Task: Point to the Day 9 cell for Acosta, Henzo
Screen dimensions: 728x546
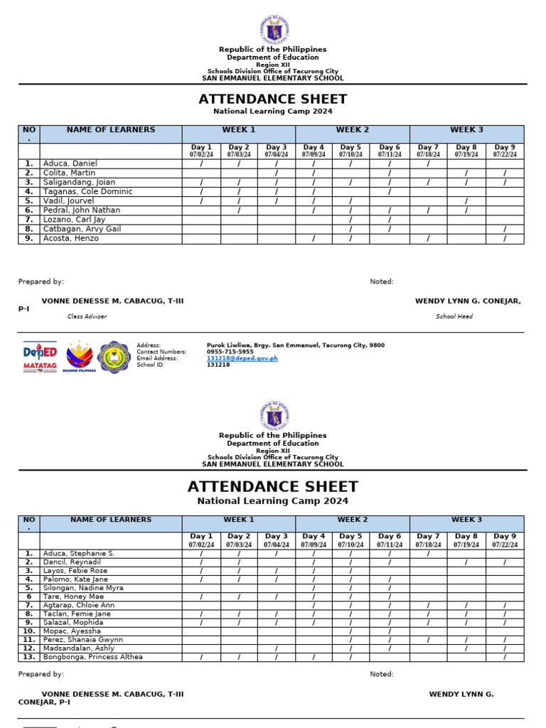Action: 505,239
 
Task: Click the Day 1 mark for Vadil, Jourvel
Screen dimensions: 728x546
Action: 201,201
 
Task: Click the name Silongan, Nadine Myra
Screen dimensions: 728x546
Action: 83,588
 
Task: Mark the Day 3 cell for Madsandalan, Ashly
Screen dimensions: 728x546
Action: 277,648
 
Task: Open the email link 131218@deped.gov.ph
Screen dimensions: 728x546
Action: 242,358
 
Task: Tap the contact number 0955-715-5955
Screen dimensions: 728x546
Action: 230,352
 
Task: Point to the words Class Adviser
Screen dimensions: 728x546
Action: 87,316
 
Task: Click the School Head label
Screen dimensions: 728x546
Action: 454,316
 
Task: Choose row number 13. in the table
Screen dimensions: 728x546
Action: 28,657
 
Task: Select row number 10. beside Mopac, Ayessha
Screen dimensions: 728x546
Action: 28,631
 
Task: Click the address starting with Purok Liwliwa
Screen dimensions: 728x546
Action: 295,346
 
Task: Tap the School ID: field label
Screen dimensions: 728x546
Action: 150,365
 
